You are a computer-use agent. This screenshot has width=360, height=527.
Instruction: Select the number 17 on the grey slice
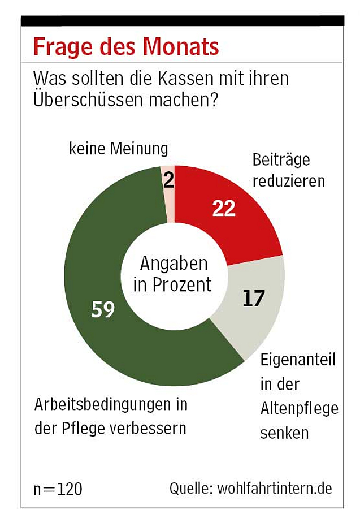tap(254, 299)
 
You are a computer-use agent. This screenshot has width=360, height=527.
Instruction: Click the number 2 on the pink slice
tap(168, 181)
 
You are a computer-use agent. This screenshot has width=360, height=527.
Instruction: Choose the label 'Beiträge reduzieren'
tap(281, 170)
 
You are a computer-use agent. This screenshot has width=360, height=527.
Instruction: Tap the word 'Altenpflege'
tap(299, 408)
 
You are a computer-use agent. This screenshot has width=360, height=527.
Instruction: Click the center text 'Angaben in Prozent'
tap(173, 274)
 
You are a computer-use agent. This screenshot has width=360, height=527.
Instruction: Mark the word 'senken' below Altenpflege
tap(284, 433)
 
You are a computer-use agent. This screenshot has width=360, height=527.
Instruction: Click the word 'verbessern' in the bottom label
tap(154, 428)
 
